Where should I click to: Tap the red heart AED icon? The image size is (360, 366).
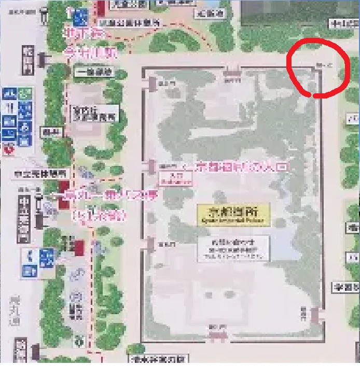pyautogui.click(x=7, y=150)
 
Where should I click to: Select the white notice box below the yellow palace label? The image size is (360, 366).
pyautogui.click(x=233, y=248)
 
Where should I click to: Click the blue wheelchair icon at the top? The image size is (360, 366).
pyautogui.click(x=80, y=18)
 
